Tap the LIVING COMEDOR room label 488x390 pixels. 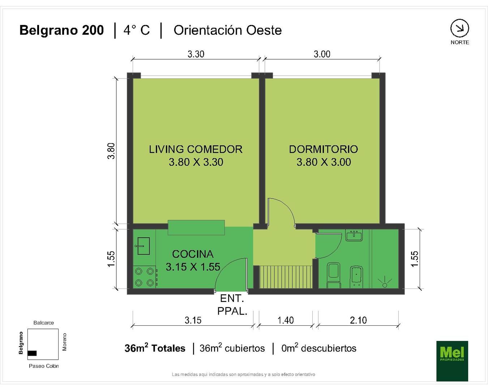click(196, 149)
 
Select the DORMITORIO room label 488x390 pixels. click(324, 149)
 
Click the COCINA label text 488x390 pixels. click(193, 254)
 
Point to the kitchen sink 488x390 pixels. click(142, 246)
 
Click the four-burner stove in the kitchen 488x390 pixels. click(145, 277)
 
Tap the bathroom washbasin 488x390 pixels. click(354, 235)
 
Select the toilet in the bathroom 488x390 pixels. click(334, 275)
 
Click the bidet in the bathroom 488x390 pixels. click(356, 277)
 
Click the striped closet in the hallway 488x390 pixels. click(286, 277)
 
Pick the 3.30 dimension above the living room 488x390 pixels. click(196, 54)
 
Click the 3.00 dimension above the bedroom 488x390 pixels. click(322, 54)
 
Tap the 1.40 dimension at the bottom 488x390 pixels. click(286, 320)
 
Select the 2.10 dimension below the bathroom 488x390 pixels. click(358, 320)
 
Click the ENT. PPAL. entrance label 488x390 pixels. click(232, 305)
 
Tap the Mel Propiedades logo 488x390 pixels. click(452, 361)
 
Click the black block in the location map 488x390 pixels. click(32, 353)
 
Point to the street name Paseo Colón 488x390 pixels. click(44, 366)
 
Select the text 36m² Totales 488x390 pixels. click(155, 348)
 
